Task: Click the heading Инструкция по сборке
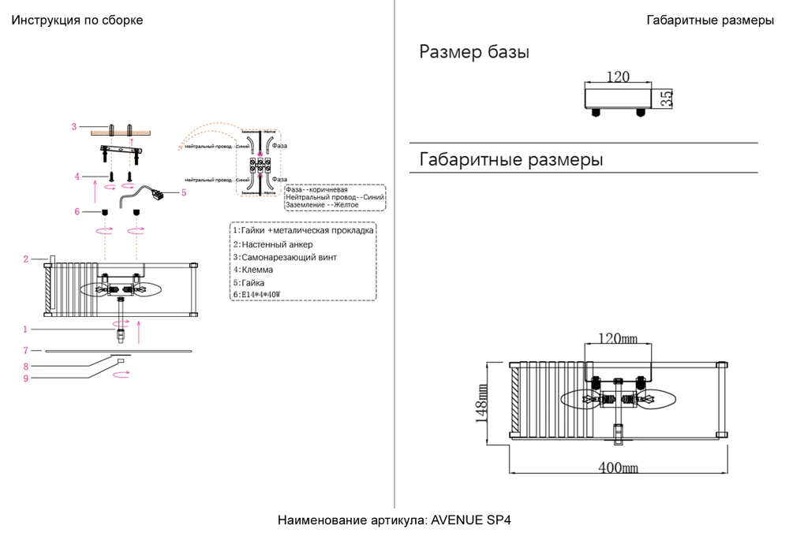[77, 20]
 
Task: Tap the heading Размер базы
[473, 53]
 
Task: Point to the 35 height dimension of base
[667, 99]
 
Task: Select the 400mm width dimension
[618, 467]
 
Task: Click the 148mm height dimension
[483, 403]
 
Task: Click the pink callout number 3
[73, 126]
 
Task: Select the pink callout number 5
[184, 192]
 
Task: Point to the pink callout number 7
[25, 350]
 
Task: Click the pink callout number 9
[25, 378]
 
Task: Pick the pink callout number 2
[25, 259]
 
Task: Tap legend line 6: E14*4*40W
[257, 294]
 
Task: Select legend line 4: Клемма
[252, 270]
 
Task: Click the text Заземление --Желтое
[322, 205]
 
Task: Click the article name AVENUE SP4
[394, 521]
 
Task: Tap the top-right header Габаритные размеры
[709, 20]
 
